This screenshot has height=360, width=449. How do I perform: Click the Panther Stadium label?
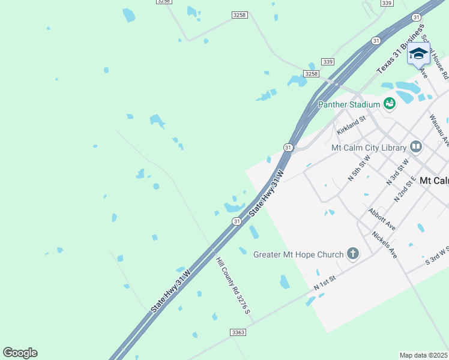349,104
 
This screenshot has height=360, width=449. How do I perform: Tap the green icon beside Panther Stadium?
389,104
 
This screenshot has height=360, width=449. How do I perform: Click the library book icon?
416,146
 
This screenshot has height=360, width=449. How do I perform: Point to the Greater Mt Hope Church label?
298,254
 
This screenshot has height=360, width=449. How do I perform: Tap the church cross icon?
352,254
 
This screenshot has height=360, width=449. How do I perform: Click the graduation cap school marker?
418,55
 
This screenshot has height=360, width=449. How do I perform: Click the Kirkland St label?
351,126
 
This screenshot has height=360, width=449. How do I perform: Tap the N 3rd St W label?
397,170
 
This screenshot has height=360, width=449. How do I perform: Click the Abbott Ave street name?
382,219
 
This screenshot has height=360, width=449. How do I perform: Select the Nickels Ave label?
384,245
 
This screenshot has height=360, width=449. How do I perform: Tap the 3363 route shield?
238,332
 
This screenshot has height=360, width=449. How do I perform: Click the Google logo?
20,352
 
